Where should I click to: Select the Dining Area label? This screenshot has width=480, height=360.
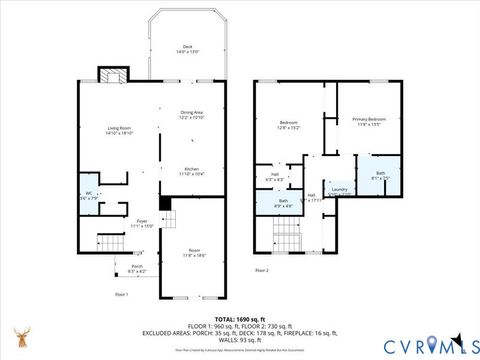[192, 115]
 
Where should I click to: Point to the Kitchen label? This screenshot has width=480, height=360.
[191, 171]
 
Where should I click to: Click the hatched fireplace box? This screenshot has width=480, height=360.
[110, 77]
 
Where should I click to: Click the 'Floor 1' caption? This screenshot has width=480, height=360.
[122, 294]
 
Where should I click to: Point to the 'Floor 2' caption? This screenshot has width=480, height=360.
[262, 270]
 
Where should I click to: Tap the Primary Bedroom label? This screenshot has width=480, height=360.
[369, 121]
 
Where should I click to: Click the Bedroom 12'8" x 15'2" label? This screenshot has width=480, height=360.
[289, 125]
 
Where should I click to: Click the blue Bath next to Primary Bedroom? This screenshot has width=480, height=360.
[380, 174]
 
